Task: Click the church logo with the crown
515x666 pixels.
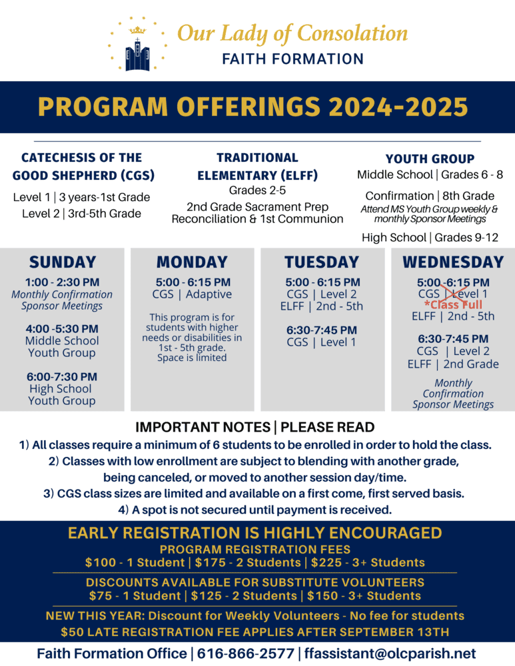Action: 136,45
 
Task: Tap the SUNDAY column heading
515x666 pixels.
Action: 63,262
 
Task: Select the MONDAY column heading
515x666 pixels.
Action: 192,262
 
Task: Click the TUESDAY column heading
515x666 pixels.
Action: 322,262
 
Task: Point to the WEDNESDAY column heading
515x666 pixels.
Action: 453,262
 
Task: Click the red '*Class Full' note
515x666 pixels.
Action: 453,305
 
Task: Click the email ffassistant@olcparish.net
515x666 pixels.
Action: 390,653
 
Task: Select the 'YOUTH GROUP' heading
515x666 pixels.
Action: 430,159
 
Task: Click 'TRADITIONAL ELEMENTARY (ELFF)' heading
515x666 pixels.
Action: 257,166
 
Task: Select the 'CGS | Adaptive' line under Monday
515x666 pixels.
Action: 192,294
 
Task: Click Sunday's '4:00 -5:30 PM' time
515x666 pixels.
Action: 62,329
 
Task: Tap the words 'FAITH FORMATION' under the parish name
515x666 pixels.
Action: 293,59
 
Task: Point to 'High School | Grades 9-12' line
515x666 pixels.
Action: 430,237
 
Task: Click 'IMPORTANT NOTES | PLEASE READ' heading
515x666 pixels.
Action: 255,427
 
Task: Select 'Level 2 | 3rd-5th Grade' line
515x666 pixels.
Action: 81,213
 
